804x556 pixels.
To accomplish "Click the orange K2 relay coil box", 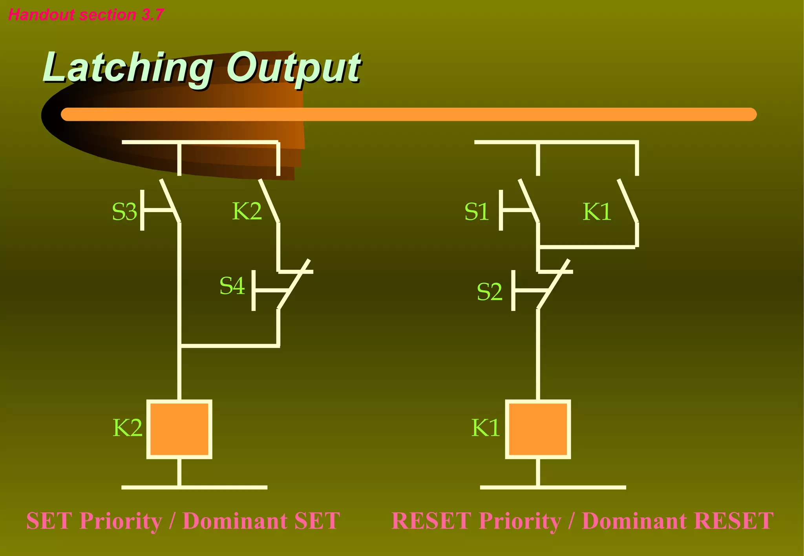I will [x=179, y=429].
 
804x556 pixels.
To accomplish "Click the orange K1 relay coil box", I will [x=538, y=429].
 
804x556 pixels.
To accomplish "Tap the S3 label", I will [x=124, y=212].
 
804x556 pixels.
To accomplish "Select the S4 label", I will [x=232, y=285].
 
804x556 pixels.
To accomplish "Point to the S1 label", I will [x=477, y=212].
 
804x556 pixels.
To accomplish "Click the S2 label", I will [x=489, y=292].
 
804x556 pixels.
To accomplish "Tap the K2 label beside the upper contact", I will [x=247, y=211].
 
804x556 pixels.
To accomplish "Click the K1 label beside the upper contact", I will [x=597, y=212].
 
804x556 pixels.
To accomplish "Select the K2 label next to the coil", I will [x=127, y=427].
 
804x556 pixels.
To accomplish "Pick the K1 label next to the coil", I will [x=486, y=427].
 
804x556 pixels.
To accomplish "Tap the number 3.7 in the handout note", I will [x=152, y=15].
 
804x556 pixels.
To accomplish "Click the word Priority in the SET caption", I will [x=121, y=521].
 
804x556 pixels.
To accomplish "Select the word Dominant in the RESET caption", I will [x=634, y=521].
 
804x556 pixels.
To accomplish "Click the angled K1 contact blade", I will [x=627, y=201].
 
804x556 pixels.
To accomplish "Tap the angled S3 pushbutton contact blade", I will [x=170, y=201].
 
